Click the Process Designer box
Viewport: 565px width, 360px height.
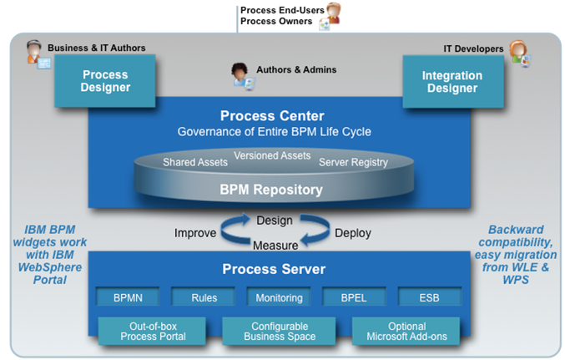105,81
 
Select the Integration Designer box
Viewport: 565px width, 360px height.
451,81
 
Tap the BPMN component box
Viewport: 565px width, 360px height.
124,297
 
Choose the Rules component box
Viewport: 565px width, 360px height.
204,297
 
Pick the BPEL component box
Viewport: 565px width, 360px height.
355,297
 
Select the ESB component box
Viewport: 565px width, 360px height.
429,297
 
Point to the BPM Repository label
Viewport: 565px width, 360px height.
271,190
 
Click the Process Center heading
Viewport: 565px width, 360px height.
272,116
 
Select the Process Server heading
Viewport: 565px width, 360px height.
272,270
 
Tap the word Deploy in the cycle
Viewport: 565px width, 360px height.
353,233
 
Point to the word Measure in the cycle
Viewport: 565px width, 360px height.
275,246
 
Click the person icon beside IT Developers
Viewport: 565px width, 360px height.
519,53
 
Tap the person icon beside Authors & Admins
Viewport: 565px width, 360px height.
242,75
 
